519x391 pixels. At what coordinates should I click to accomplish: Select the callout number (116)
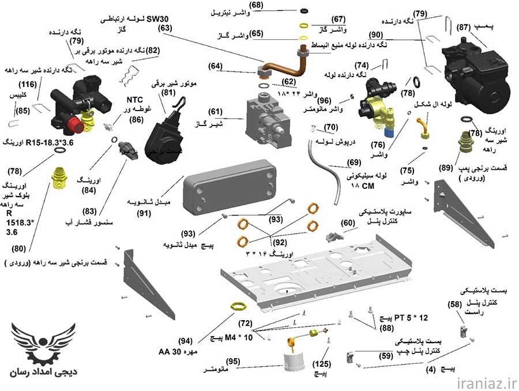(x=32, y=85)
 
